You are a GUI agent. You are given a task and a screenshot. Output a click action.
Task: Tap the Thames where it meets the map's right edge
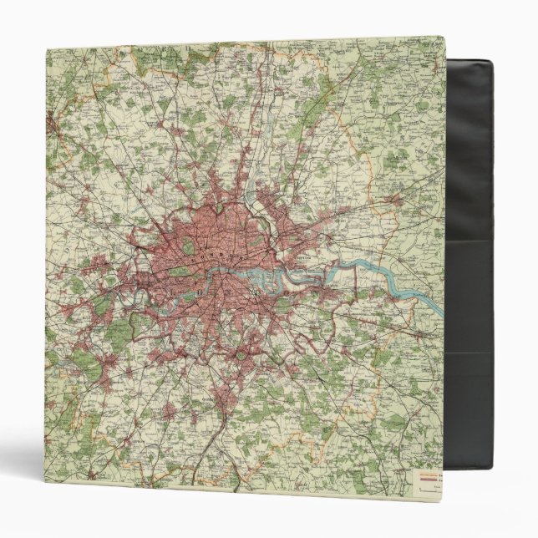[x=441, y=312]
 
